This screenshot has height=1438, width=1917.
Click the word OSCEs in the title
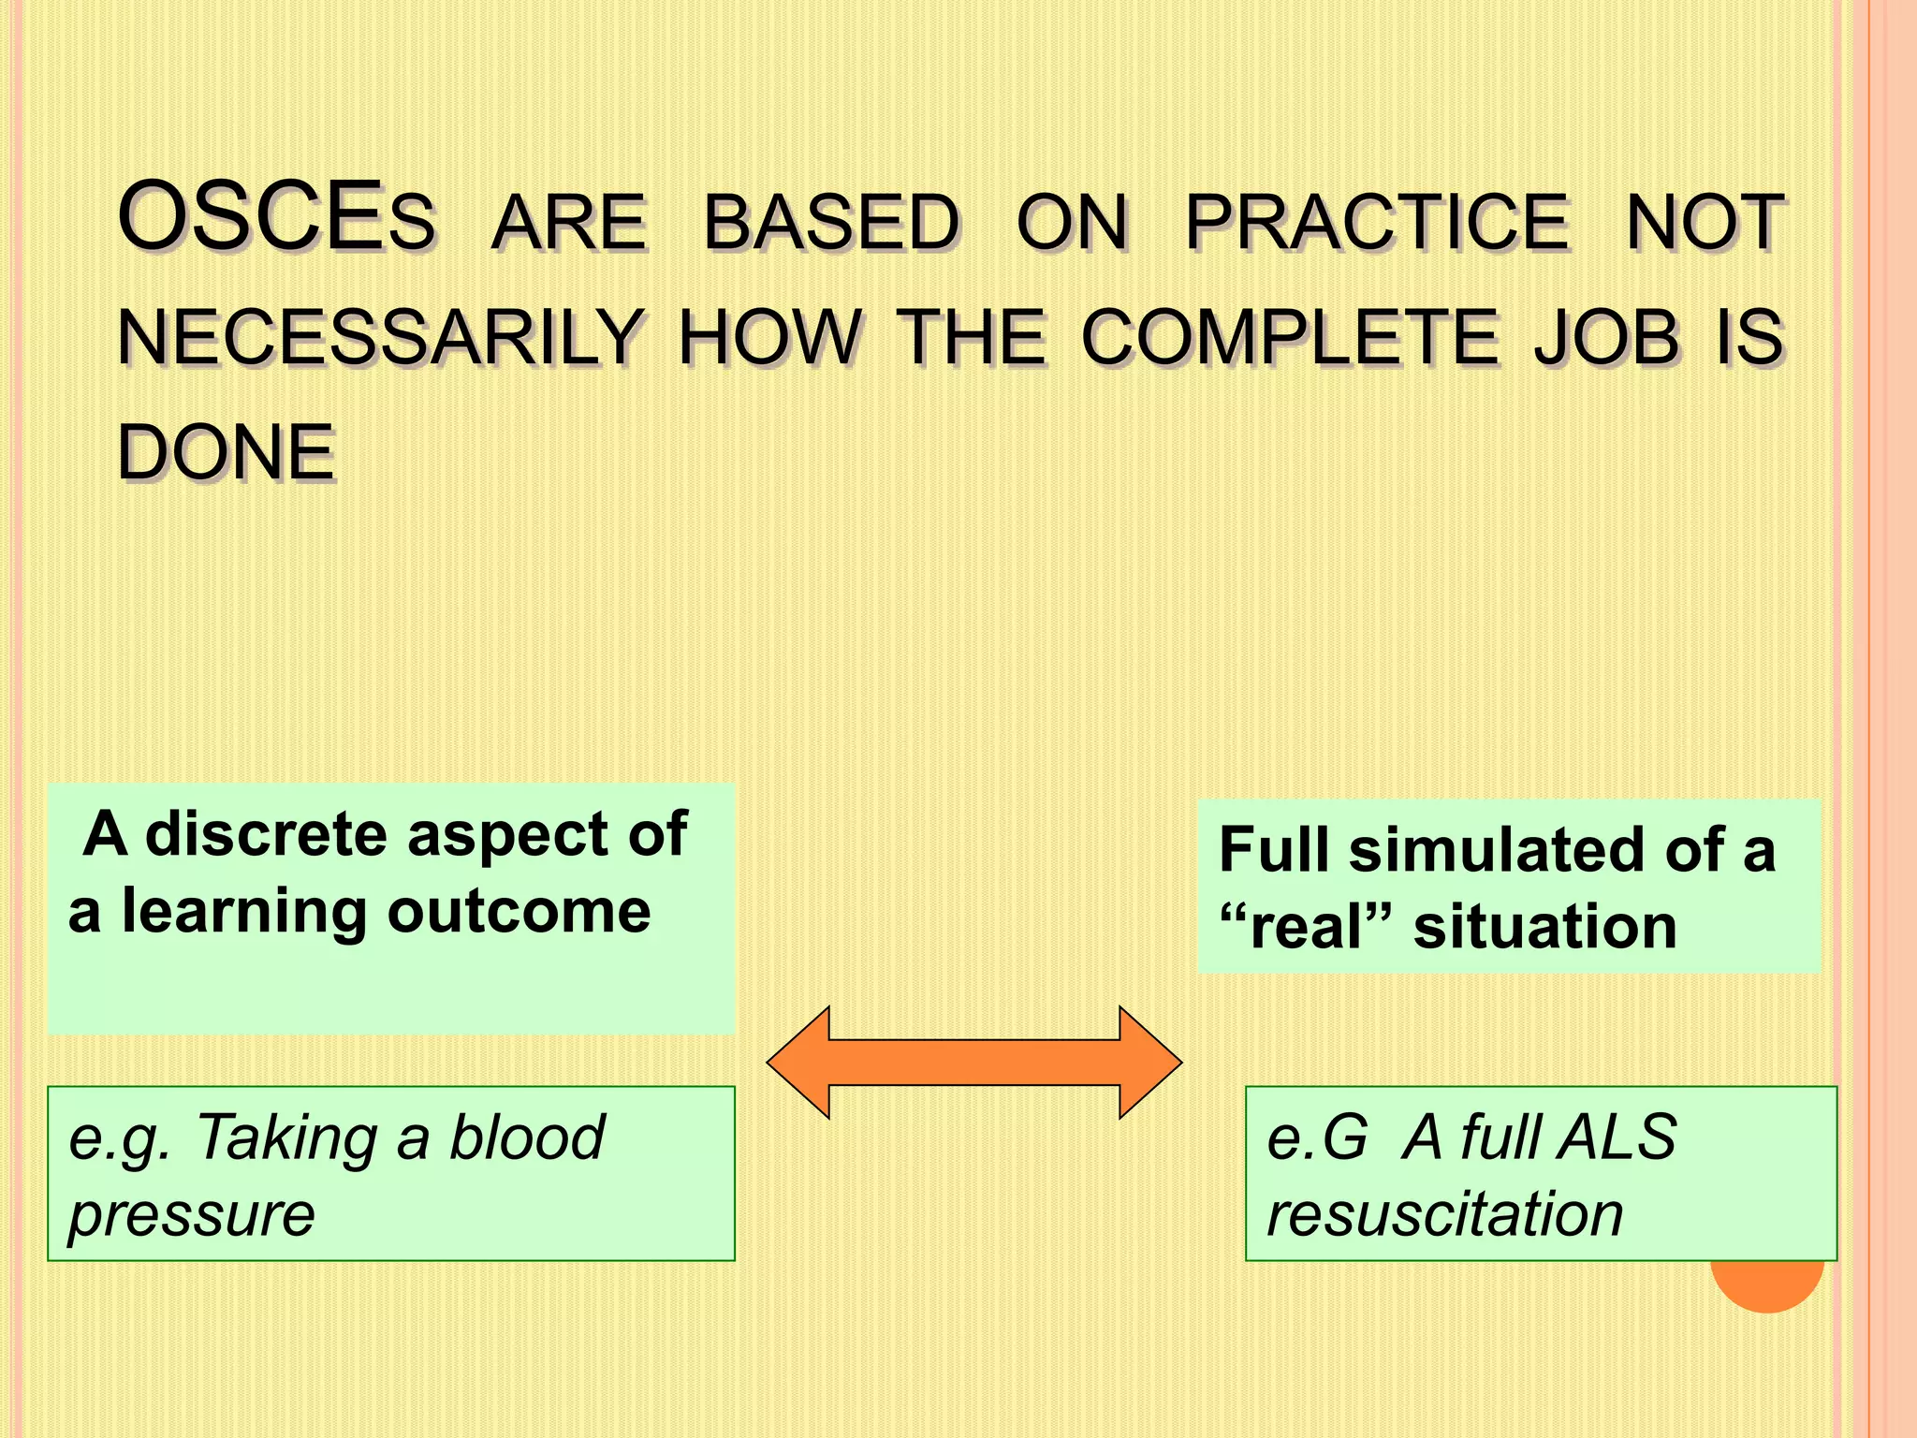277,219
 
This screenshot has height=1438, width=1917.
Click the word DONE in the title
227,453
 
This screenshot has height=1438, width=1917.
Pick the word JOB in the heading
1606,338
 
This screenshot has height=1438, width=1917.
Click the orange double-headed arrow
974,1062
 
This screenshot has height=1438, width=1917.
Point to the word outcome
519,911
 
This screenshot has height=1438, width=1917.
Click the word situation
1545,927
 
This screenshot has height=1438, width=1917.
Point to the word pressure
192,1214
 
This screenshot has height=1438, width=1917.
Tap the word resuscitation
1444,1214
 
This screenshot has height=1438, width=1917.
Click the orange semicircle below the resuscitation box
1767,1287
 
